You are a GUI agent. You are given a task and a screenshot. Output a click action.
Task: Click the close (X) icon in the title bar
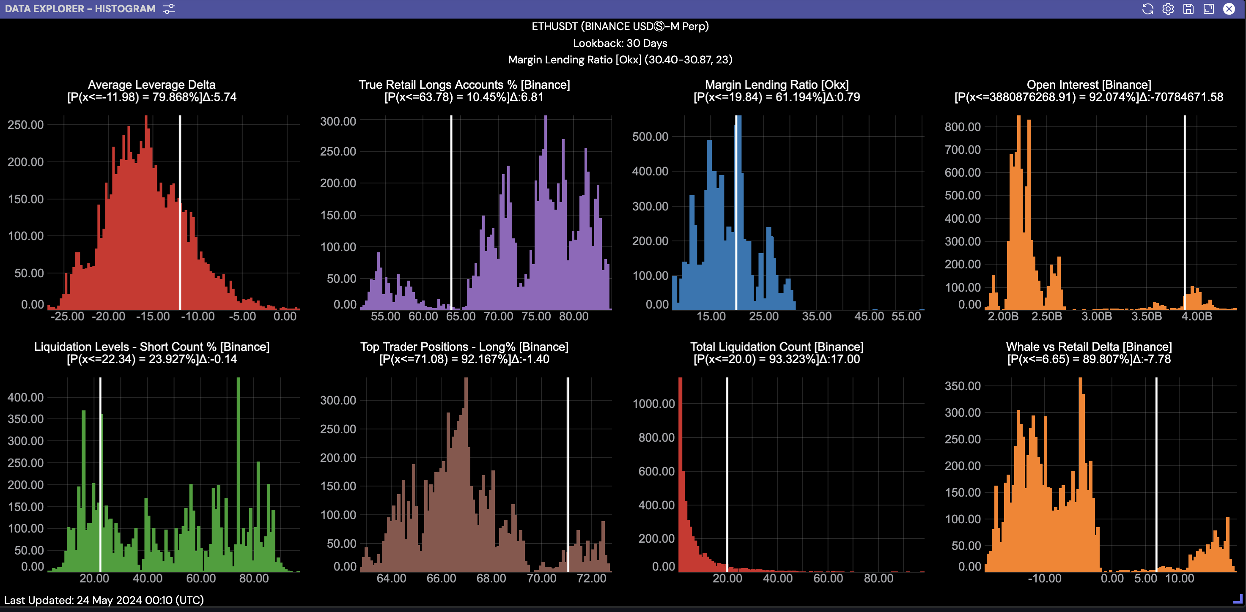point(1229,9)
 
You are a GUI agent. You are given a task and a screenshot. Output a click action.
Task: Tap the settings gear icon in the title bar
point(1168,9)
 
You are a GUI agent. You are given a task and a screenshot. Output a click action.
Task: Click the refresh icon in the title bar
point(1147,9)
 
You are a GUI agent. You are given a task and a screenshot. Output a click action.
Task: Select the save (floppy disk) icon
point(1188,9)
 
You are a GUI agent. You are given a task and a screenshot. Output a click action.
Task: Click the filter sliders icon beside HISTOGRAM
point(169,9)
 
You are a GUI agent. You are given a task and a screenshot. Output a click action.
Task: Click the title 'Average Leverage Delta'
point(151,85)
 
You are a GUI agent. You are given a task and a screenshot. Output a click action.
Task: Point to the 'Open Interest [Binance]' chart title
point(1088,85)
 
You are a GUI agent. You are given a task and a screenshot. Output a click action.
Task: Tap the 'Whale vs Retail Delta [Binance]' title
point(1088,347)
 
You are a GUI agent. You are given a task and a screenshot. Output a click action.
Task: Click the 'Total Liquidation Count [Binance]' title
point(777,347)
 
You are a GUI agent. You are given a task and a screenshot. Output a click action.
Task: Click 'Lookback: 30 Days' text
point(620,43)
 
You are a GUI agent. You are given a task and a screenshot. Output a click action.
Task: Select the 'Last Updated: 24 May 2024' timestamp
point(104,600)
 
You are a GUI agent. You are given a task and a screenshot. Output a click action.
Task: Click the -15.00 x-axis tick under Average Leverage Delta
point(153,316)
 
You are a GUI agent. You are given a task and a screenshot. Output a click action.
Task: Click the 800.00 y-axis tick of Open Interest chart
point(962,127)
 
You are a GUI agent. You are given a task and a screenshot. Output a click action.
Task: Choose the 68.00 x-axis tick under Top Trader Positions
point(491,578)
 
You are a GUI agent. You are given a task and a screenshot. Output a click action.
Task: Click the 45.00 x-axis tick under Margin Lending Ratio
point(869,316)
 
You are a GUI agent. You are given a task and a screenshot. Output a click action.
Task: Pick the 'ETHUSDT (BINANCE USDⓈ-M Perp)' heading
point(620,26)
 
